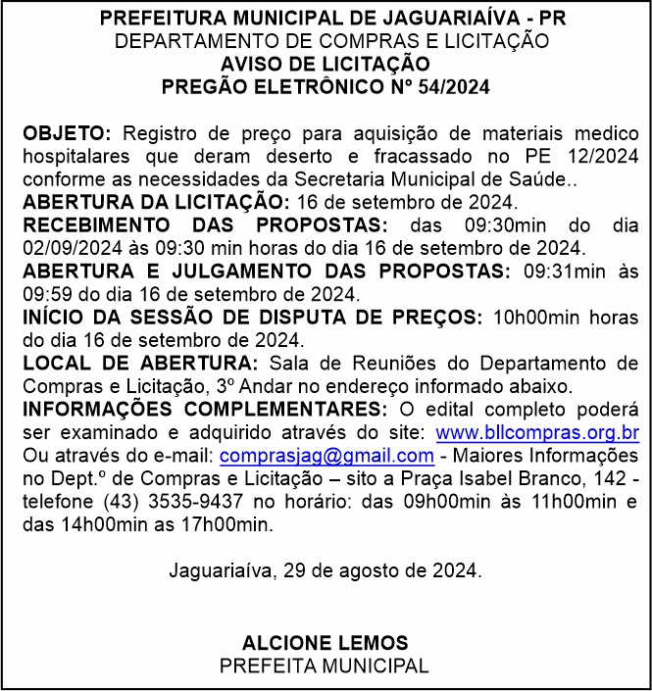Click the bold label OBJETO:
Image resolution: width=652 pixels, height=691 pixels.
[x=67, y=132]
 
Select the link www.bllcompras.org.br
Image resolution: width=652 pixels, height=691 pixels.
[x=537, y=432]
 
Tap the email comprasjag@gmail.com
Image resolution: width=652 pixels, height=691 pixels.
[x=326, y=456]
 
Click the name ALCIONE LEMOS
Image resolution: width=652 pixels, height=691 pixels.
[x=325, y=643]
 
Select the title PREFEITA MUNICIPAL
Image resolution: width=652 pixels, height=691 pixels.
[x=325, y=666]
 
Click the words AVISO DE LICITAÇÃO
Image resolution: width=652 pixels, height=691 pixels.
[x=325, y=64]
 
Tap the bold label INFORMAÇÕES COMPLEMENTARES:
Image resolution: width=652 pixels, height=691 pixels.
[x=201, y=409]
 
